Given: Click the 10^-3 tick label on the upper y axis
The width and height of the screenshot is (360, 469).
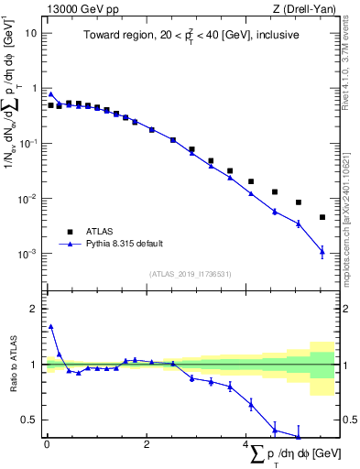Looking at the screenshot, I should (28, 254).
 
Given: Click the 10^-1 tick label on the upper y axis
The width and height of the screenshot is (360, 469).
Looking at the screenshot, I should (28, 144).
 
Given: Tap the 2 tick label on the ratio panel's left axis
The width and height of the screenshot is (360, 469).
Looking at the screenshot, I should (33, 309).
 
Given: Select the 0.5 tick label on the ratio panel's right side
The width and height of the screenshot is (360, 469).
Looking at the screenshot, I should (349, 420).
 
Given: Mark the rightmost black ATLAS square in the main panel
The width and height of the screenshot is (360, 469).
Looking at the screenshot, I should (322, 217).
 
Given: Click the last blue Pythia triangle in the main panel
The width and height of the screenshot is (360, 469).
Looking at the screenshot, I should (322, 250).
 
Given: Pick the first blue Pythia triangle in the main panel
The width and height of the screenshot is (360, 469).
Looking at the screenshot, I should (51, 93).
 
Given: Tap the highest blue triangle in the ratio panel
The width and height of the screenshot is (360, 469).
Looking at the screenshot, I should (51, 325).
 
